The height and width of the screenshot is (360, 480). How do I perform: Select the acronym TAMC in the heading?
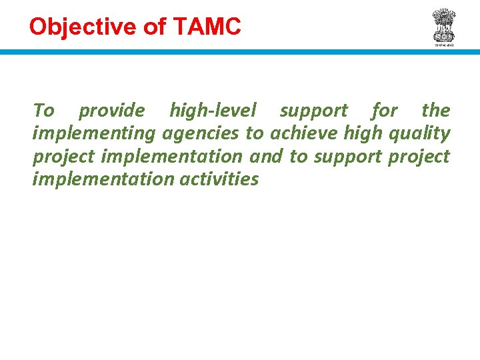(x=207, y=27)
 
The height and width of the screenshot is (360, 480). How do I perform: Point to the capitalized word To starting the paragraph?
(x=43, y=111)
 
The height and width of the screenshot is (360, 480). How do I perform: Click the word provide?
(x=111, y=111)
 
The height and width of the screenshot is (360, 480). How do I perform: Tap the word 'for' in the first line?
(x=385, y=111)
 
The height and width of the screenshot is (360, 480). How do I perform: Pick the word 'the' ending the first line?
(x=436, y=111)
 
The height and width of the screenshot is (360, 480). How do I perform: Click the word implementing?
(x=93, y=134)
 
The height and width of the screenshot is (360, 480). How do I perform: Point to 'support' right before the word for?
(x=313, y=111)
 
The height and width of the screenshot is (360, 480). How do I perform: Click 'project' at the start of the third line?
(x=61, y=157)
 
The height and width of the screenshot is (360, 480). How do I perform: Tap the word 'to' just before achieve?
(x=255, y=134)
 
